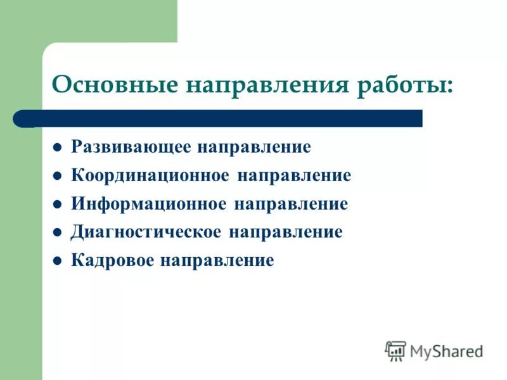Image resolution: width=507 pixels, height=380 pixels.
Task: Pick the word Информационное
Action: click(148, 204)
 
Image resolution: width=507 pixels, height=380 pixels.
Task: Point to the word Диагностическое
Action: click(146, 232)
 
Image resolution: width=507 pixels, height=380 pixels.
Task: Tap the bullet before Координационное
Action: click(56, 177)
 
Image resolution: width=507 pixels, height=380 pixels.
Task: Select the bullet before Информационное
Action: click(56, 205)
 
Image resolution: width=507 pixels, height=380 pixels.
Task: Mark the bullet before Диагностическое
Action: click(56, 232)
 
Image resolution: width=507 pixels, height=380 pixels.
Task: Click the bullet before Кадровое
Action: click(56, 260)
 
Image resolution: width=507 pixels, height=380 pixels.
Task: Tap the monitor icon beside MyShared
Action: click(395, 350)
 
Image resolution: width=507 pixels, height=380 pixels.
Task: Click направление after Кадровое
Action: click(217, 260)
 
